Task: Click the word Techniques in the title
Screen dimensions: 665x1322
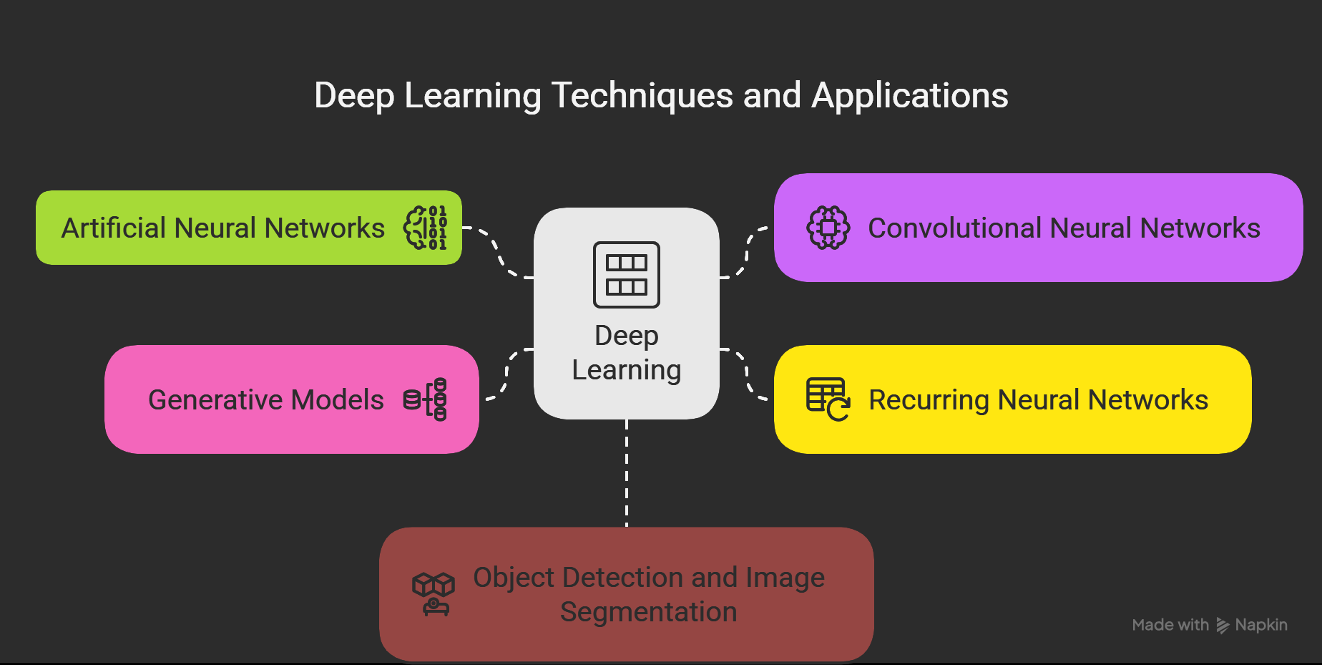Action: click(x=642, y=96)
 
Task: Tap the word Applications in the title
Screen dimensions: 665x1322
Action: click(x=909, y=96)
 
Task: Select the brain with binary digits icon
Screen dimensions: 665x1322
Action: click(x=426, y=228)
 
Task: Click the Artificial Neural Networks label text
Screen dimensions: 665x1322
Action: click(x=222, y=228)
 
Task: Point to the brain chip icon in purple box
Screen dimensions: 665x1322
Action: click(x=828, y=228)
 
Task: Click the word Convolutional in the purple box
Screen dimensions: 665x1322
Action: click(x=954, y=228)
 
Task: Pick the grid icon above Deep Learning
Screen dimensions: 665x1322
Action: click(x=627, y=275)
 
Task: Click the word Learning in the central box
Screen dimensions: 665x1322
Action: click(x=627, y=370)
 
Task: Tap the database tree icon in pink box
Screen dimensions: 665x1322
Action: click(x=426, y=399)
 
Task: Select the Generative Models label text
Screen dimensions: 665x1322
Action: click(x=265, y=400)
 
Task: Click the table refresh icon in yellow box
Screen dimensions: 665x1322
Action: click(x=828, y=399)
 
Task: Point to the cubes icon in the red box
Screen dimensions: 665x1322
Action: click(x=433, y=593)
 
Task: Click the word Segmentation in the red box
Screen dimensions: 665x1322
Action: click(x=648, y=612)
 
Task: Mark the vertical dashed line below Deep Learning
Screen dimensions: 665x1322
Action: click(x=627, y=472)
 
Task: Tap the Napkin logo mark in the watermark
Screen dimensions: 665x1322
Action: click(x=1223, y=626)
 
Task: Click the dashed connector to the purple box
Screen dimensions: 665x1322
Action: click(x=748, y=252)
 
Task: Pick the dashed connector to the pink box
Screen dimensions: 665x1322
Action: click(x=506, y=374)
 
